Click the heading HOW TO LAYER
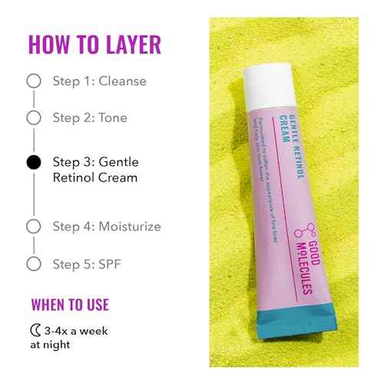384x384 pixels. (95, 45)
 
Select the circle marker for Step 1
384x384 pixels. (33, 81)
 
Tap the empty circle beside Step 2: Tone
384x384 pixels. (33, 118)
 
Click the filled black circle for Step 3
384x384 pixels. (33, 163)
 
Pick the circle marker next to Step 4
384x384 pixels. (33, 227)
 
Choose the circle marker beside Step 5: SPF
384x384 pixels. (33, 263)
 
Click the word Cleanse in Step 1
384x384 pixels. (123, 81)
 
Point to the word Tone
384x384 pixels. (114, 118)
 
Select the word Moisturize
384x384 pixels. (131, 227)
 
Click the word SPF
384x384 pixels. (111, 263)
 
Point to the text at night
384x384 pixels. (52, 345)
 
